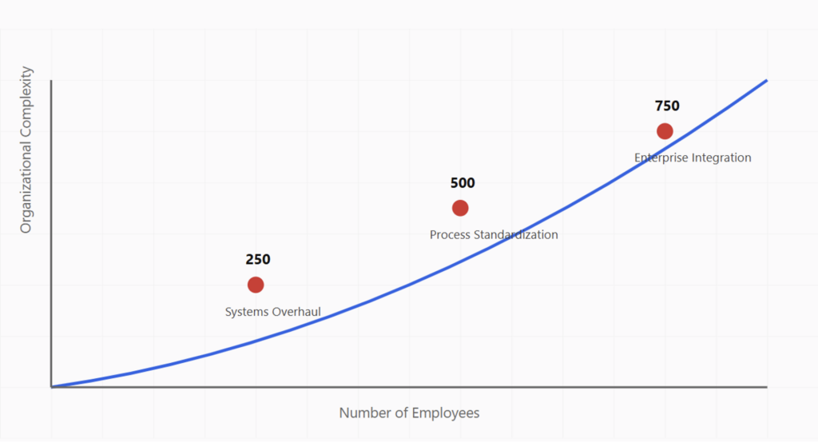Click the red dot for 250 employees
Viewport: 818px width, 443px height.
(256, 285)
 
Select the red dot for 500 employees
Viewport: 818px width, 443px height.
(460, 208)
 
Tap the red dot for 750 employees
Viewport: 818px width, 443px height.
(665, 131)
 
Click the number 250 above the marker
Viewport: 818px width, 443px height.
(258, 260)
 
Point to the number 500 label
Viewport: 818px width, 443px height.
(463, 183)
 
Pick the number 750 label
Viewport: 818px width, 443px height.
(667, 106)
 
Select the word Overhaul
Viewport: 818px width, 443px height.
(297, 312)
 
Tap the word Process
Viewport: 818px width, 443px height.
(451, 235)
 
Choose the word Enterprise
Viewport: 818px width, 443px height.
(664, 158)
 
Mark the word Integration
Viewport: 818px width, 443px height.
(724, 158)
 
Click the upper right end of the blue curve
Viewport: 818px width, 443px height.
(766, 81)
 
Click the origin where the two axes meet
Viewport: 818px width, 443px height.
(51, 387)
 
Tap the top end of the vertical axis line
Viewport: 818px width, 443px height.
(51, 82)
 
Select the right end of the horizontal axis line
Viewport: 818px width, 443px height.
(766, 387)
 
